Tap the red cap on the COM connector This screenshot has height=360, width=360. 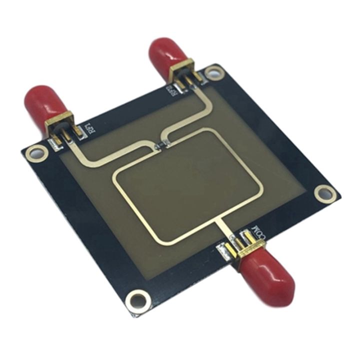point(268,272)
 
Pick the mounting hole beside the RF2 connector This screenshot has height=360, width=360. point(214,73)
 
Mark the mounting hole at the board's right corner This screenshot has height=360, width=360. point(325,192)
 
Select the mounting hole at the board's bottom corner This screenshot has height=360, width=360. point(136,300)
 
